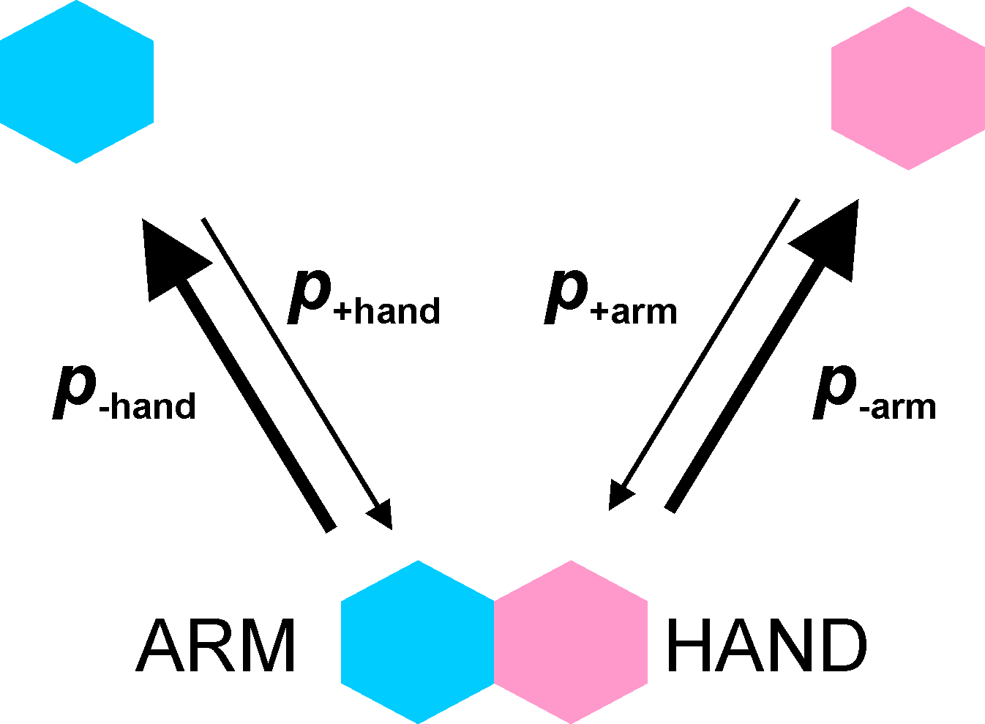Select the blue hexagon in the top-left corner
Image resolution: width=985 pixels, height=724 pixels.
pos(76,82)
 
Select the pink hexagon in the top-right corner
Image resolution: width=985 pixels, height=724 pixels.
pos(908,89)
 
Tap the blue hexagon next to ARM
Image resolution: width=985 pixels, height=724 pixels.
pos(418,642)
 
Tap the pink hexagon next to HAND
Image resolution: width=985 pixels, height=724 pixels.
pos(572,642)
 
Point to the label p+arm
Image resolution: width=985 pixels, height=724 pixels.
pos(611,298)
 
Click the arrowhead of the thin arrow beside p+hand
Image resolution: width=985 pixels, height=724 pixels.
pos(381,515)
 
